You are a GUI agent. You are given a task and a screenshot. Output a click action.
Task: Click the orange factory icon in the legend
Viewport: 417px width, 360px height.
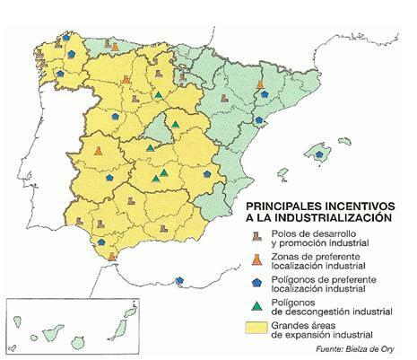256,260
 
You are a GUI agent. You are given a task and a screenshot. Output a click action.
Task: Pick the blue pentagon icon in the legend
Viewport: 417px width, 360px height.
256,284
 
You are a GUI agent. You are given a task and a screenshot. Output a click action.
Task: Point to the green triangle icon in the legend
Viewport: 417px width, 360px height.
256,305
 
